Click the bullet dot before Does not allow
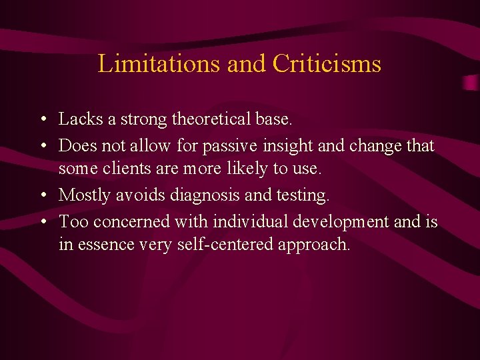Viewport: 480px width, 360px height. click(43, 146)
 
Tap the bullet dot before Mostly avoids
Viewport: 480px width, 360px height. click(43, 196)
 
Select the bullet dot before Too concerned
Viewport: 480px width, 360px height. click(43, 221)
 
